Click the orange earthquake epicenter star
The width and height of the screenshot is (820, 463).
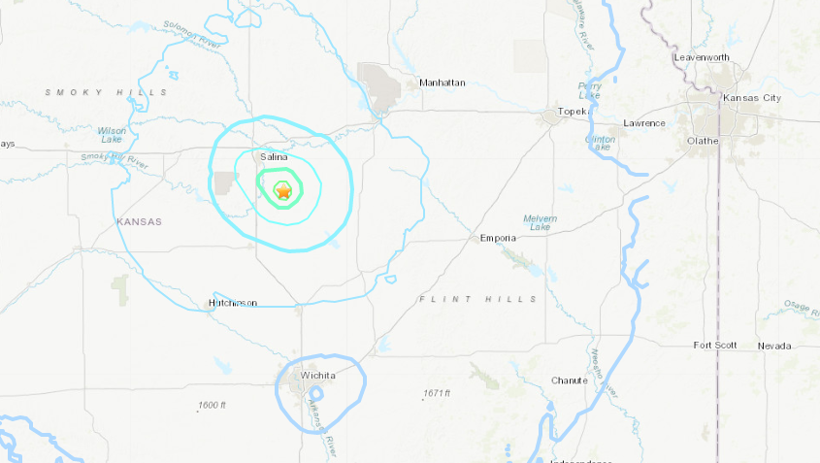[283, 192]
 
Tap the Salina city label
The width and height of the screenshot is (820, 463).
[272, 156]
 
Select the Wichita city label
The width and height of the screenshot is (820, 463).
[318, 375]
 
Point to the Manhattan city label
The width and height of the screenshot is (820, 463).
[443, 83]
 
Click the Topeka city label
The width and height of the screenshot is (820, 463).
[574, 112]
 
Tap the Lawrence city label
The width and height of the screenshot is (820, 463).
[644, 123]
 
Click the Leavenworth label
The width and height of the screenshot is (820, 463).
[702, 57]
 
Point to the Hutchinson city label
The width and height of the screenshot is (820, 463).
[233, 303]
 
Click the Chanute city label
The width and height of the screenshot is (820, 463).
[569, 380]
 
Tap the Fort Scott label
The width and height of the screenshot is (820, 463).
[715, 346]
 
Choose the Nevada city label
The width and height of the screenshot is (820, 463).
[774, 346]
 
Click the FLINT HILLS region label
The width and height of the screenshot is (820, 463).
[477, 299]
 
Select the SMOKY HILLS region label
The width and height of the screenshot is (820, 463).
[106, 92]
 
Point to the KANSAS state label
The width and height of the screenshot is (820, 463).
[139, 221]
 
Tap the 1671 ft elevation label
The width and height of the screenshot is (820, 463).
[437, 393]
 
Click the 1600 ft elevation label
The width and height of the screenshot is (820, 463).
[211, 405]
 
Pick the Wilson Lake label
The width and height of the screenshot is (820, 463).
[112, 135]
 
